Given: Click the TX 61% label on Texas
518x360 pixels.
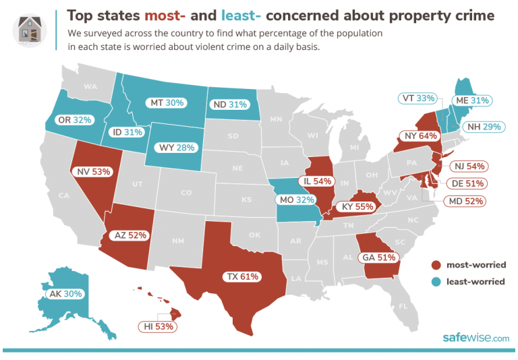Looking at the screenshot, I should [x=241, y=276].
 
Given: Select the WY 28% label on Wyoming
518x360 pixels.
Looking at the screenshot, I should [x=173, y=148].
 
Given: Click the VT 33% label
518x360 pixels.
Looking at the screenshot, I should [x=416, y=98].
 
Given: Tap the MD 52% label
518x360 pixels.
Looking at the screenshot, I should [x=463, y=201].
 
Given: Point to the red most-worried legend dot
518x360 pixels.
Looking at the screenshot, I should [x=436, y=264].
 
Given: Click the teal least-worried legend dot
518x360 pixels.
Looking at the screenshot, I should [x=436, y=282].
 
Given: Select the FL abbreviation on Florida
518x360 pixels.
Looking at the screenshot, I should [x=403, y=306].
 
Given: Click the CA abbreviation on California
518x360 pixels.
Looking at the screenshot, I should [x=64, y=196].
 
